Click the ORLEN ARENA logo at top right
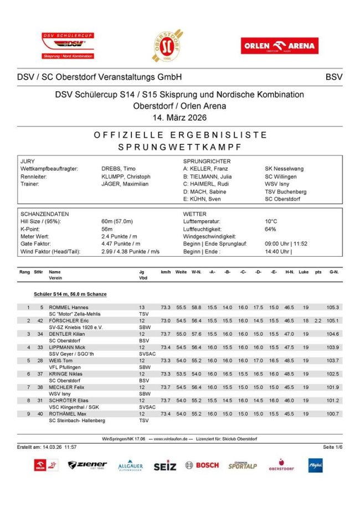[279, 46]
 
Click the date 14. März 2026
[179, 117]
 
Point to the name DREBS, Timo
[118, 168]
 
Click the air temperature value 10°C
[271, 221]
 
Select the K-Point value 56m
[107, 229]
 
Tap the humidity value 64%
[270, 229]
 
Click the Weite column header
[181, 272]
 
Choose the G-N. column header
[333, 272]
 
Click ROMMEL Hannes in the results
[69, 307]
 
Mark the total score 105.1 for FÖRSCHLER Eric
[332, 320]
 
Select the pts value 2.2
[317, 320]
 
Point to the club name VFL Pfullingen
[69, 367]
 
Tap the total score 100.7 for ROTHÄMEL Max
[332, 413]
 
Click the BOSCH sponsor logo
[202, 465]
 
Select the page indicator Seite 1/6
[332, 447]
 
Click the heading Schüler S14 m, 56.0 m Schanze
[70, 294]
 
